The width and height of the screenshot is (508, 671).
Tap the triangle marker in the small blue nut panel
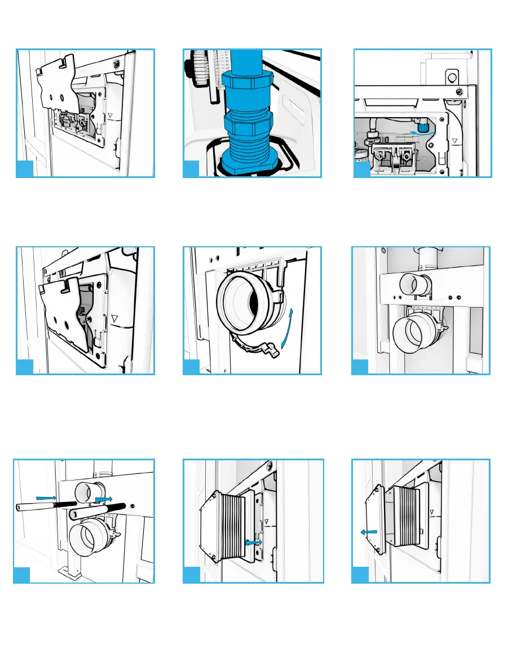click(454, 140)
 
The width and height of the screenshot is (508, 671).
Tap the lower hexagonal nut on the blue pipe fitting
click(248, 121)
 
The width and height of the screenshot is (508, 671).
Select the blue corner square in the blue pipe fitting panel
click(192, 168)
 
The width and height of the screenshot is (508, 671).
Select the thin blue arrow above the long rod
click(45, 497)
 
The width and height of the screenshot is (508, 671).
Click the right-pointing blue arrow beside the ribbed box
click(254, 542)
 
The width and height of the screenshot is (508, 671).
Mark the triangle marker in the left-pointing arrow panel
click(431, 513)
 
